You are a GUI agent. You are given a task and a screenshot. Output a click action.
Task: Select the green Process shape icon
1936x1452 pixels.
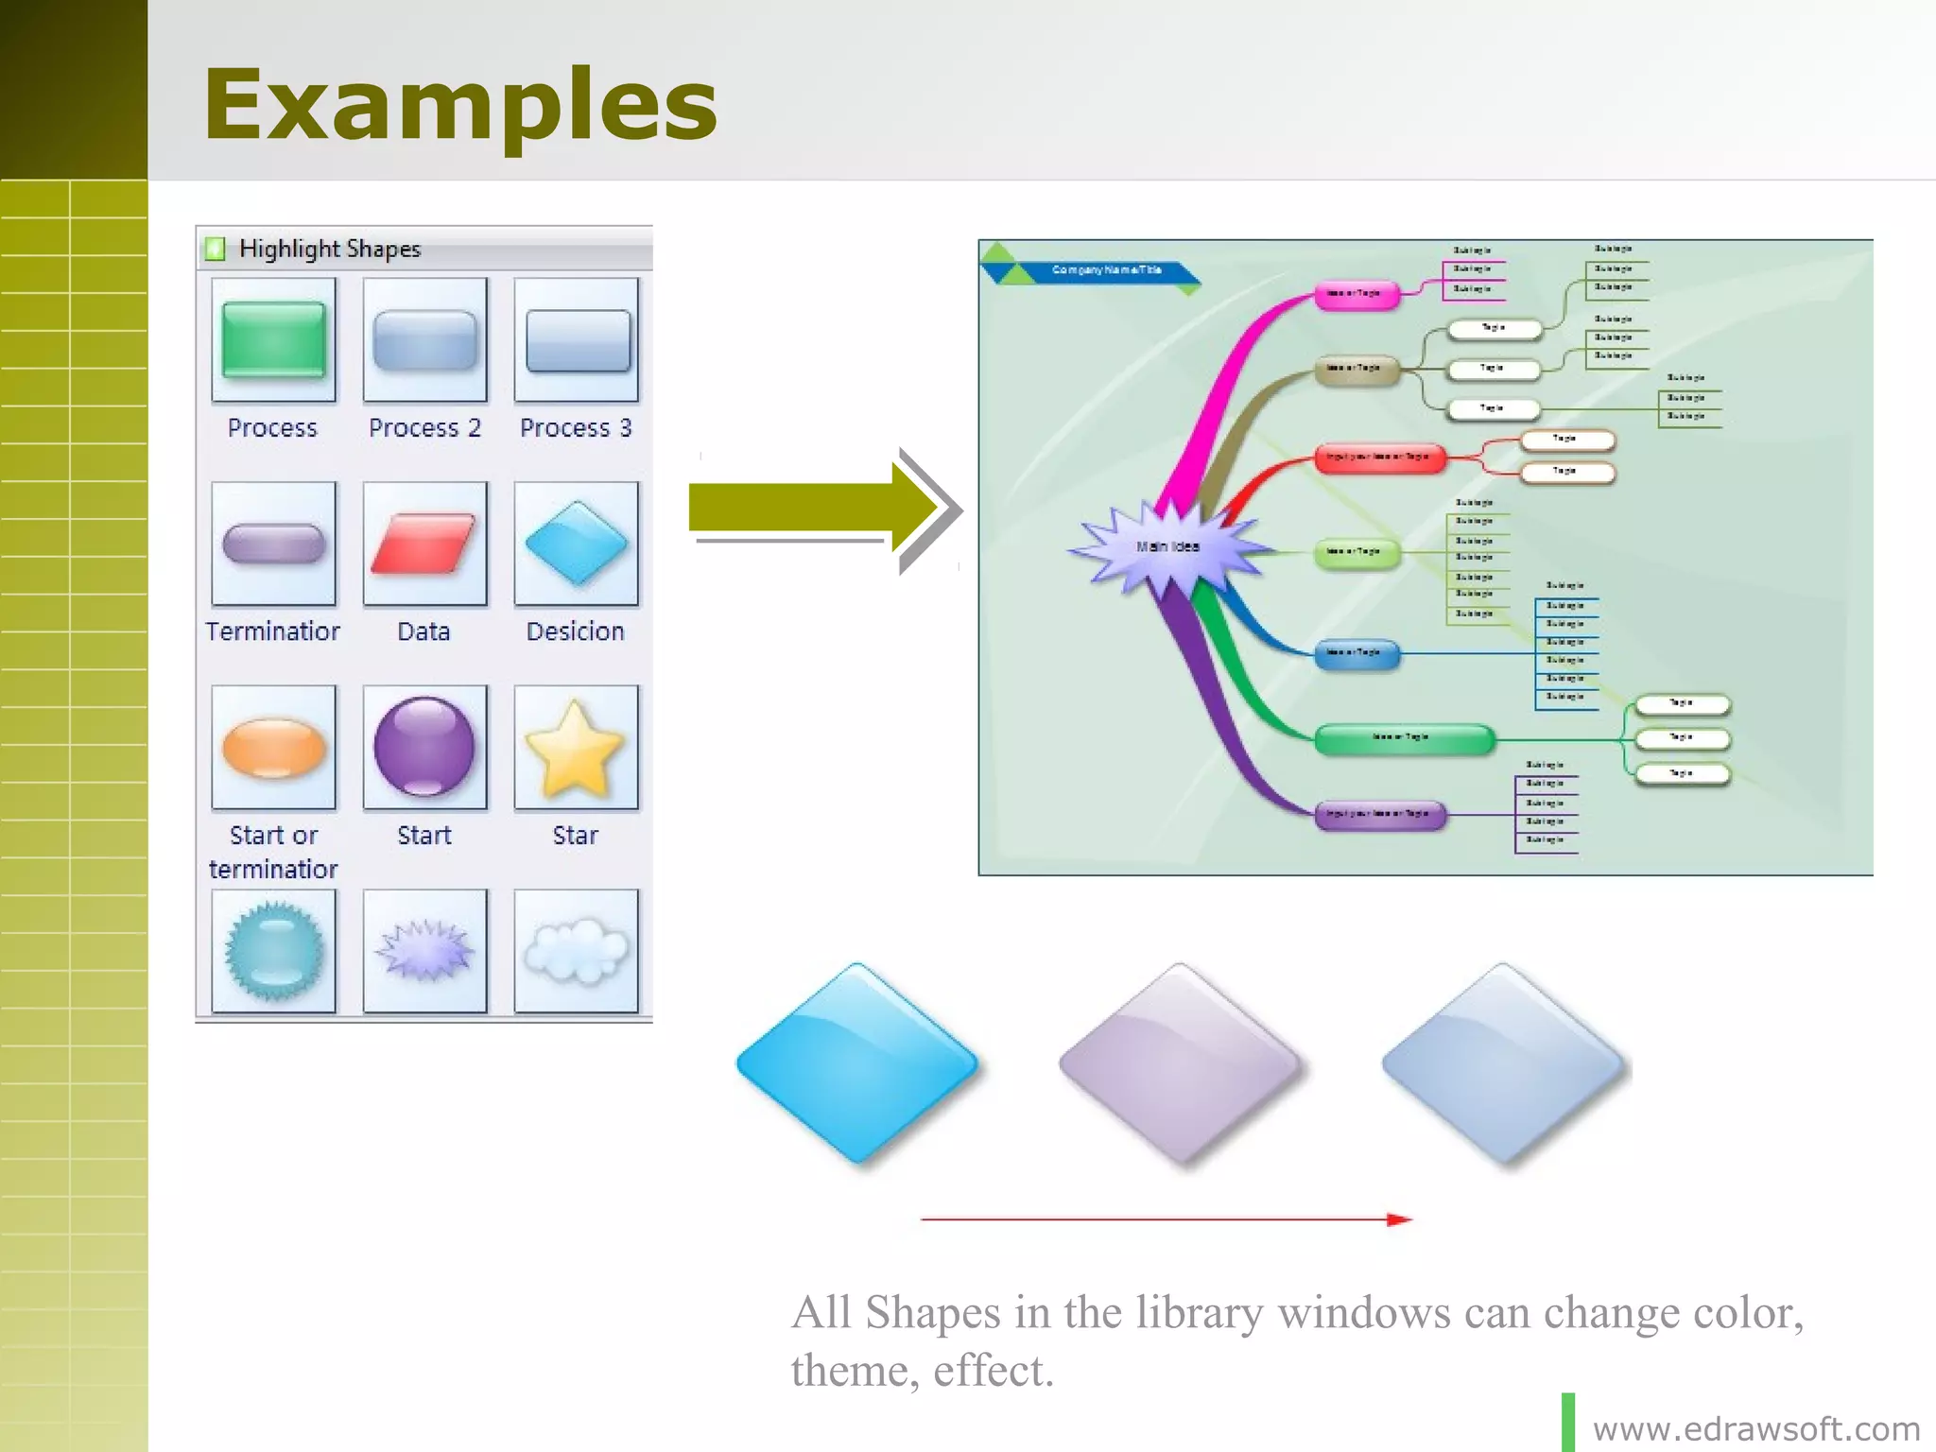[x=273, y=340]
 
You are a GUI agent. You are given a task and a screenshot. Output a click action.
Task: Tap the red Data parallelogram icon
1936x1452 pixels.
[x=424, y=544]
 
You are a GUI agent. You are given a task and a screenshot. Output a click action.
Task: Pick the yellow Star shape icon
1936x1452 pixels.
[x=575, y=748]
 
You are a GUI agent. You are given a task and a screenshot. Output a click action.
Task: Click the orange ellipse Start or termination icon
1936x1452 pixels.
[x=273, y=748]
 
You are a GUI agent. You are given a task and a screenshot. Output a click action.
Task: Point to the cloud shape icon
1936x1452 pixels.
[x=575, y=950]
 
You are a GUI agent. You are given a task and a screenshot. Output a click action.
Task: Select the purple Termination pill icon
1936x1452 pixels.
[x=273, y=544]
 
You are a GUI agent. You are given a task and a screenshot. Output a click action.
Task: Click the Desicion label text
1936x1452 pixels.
[x=575, y=631]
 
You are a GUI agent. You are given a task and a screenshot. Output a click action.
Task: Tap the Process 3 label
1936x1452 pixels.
[x=575, y=428]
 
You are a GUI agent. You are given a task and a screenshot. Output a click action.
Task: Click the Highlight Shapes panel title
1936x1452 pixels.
[x=329, y=249]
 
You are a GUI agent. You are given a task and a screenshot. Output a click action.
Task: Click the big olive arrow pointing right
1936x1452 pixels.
[x=813, y=509]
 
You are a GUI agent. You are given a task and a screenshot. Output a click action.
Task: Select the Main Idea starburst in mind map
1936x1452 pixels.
[x=1168, y=546]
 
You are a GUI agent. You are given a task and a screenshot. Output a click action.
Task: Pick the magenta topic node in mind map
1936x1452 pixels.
[x=1356, y=294]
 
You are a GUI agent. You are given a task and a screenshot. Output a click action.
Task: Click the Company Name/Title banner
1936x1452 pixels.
[x=1106, y=270]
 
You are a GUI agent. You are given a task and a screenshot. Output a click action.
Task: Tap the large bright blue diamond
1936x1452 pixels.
[x=857, y=1063]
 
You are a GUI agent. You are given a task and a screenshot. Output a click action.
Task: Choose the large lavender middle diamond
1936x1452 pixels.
[x=1180, y=1063]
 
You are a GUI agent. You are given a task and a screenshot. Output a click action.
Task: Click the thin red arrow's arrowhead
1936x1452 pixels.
[x=1399, y=1219]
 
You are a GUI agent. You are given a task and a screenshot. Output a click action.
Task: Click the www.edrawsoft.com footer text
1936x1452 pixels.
[x=1755, y=1428]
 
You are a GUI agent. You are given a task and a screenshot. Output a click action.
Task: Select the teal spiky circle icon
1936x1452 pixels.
[x=273, y=950]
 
